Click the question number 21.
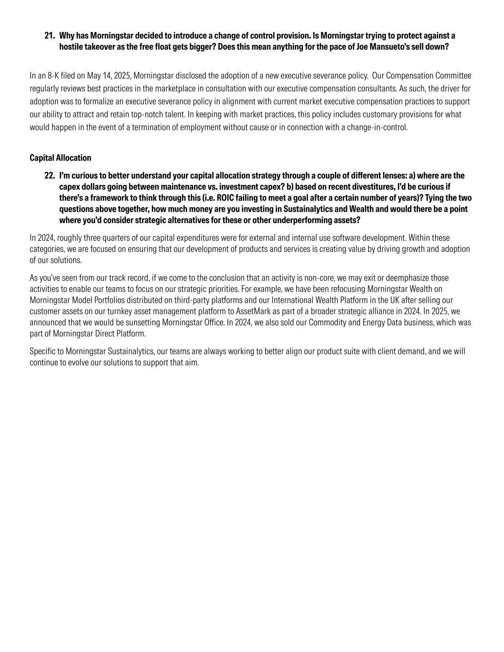tap(49, 36)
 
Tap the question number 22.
tap(49, 176)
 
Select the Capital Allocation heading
tap(60, 158)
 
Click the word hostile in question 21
tap(71, 47)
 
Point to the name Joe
tap(363, 47)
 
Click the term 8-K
tap(53, 76)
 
